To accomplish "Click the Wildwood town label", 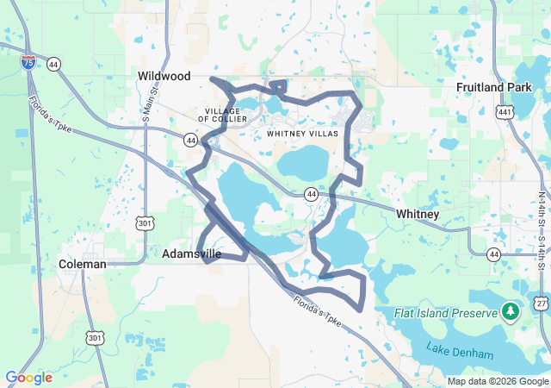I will pos(164,77).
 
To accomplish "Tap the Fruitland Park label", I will pos(493,87).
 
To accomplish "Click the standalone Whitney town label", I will pos(418,214).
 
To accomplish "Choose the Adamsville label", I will pos(191,254).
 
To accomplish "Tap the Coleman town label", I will pos(83,264).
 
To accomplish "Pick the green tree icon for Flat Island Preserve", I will pos(511,310).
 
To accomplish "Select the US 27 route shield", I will pos(541,304).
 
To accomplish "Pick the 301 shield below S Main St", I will pos(143,223).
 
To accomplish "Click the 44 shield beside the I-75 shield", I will pos(54,65).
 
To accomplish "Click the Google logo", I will pos(28,378).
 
